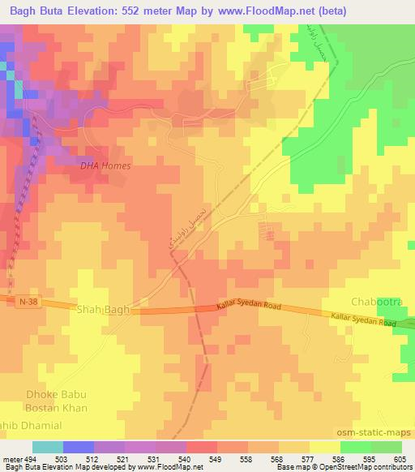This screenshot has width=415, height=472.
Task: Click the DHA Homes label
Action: pyautogui.click(x=105, y=165)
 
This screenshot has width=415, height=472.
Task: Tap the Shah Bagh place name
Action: pyautogui.click(x=103, y=309)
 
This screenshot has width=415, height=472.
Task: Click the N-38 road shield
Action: pyautogui.click(x=25, y=302)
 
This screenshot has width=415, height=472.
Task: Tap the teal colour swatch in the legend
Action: pyautogui.click(x=48, y=447)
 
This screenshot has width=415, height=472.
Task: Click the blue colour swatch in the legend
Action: pyautogui.click(x=79, y=447)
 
